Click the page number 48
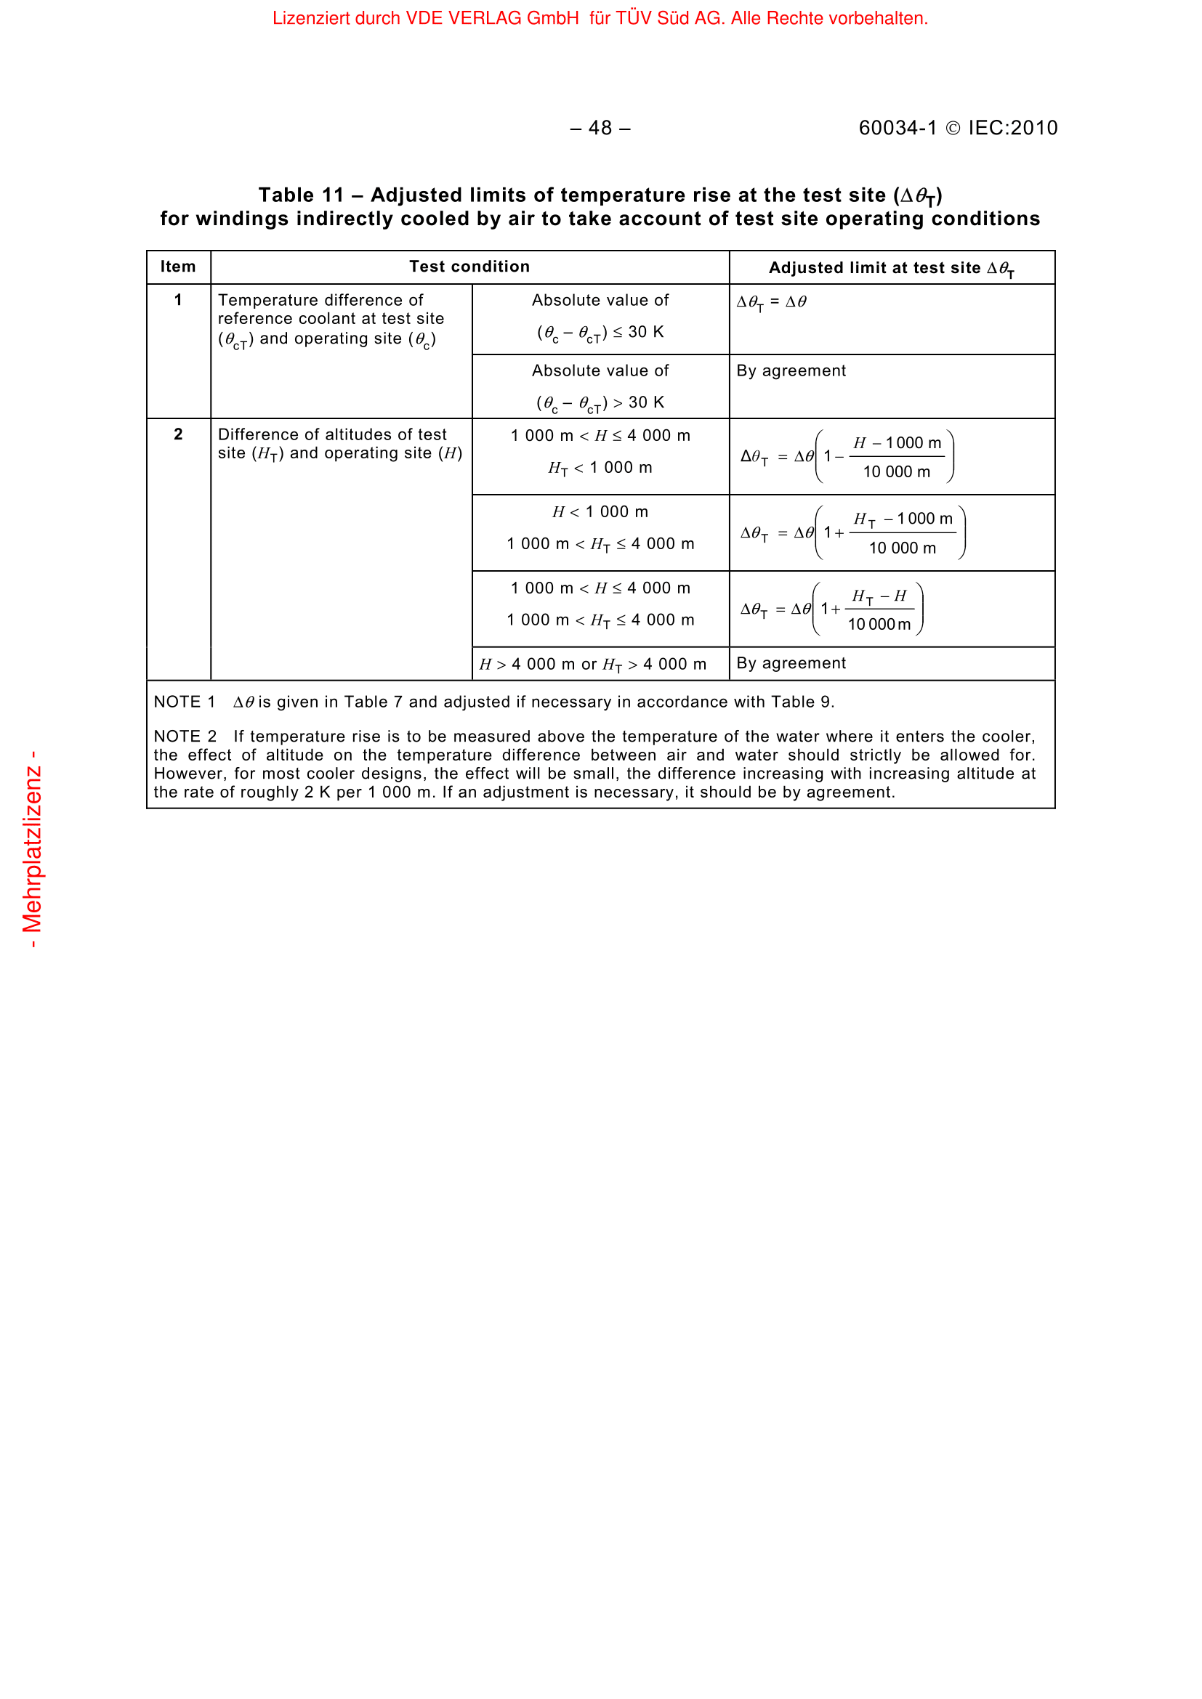(600, 128)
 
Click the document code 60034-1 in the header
(897, 128)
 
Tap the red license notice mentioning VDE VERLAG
(600, 18)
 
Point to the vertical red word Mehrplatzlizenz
(32, 848)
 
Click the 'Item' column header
(178, 267)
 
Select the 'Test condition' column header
(469, 267)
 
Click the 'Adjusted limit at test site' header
(891, 268)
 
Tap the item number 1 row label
(178, 300)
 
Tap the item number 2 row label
(178, 434)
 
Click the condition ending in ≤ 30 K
(600, 332)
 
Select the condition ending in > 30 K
(600, 402)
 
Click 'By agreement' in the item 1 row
(791, 370)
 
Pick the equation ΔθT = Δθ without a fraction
(771, 302)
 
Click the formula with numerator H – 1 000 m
(847, 458)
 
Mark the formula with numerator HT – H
(831, 609)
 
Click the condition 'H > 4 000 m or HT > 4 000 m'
(593, 665)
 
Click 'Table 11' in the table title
(302, 195)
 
